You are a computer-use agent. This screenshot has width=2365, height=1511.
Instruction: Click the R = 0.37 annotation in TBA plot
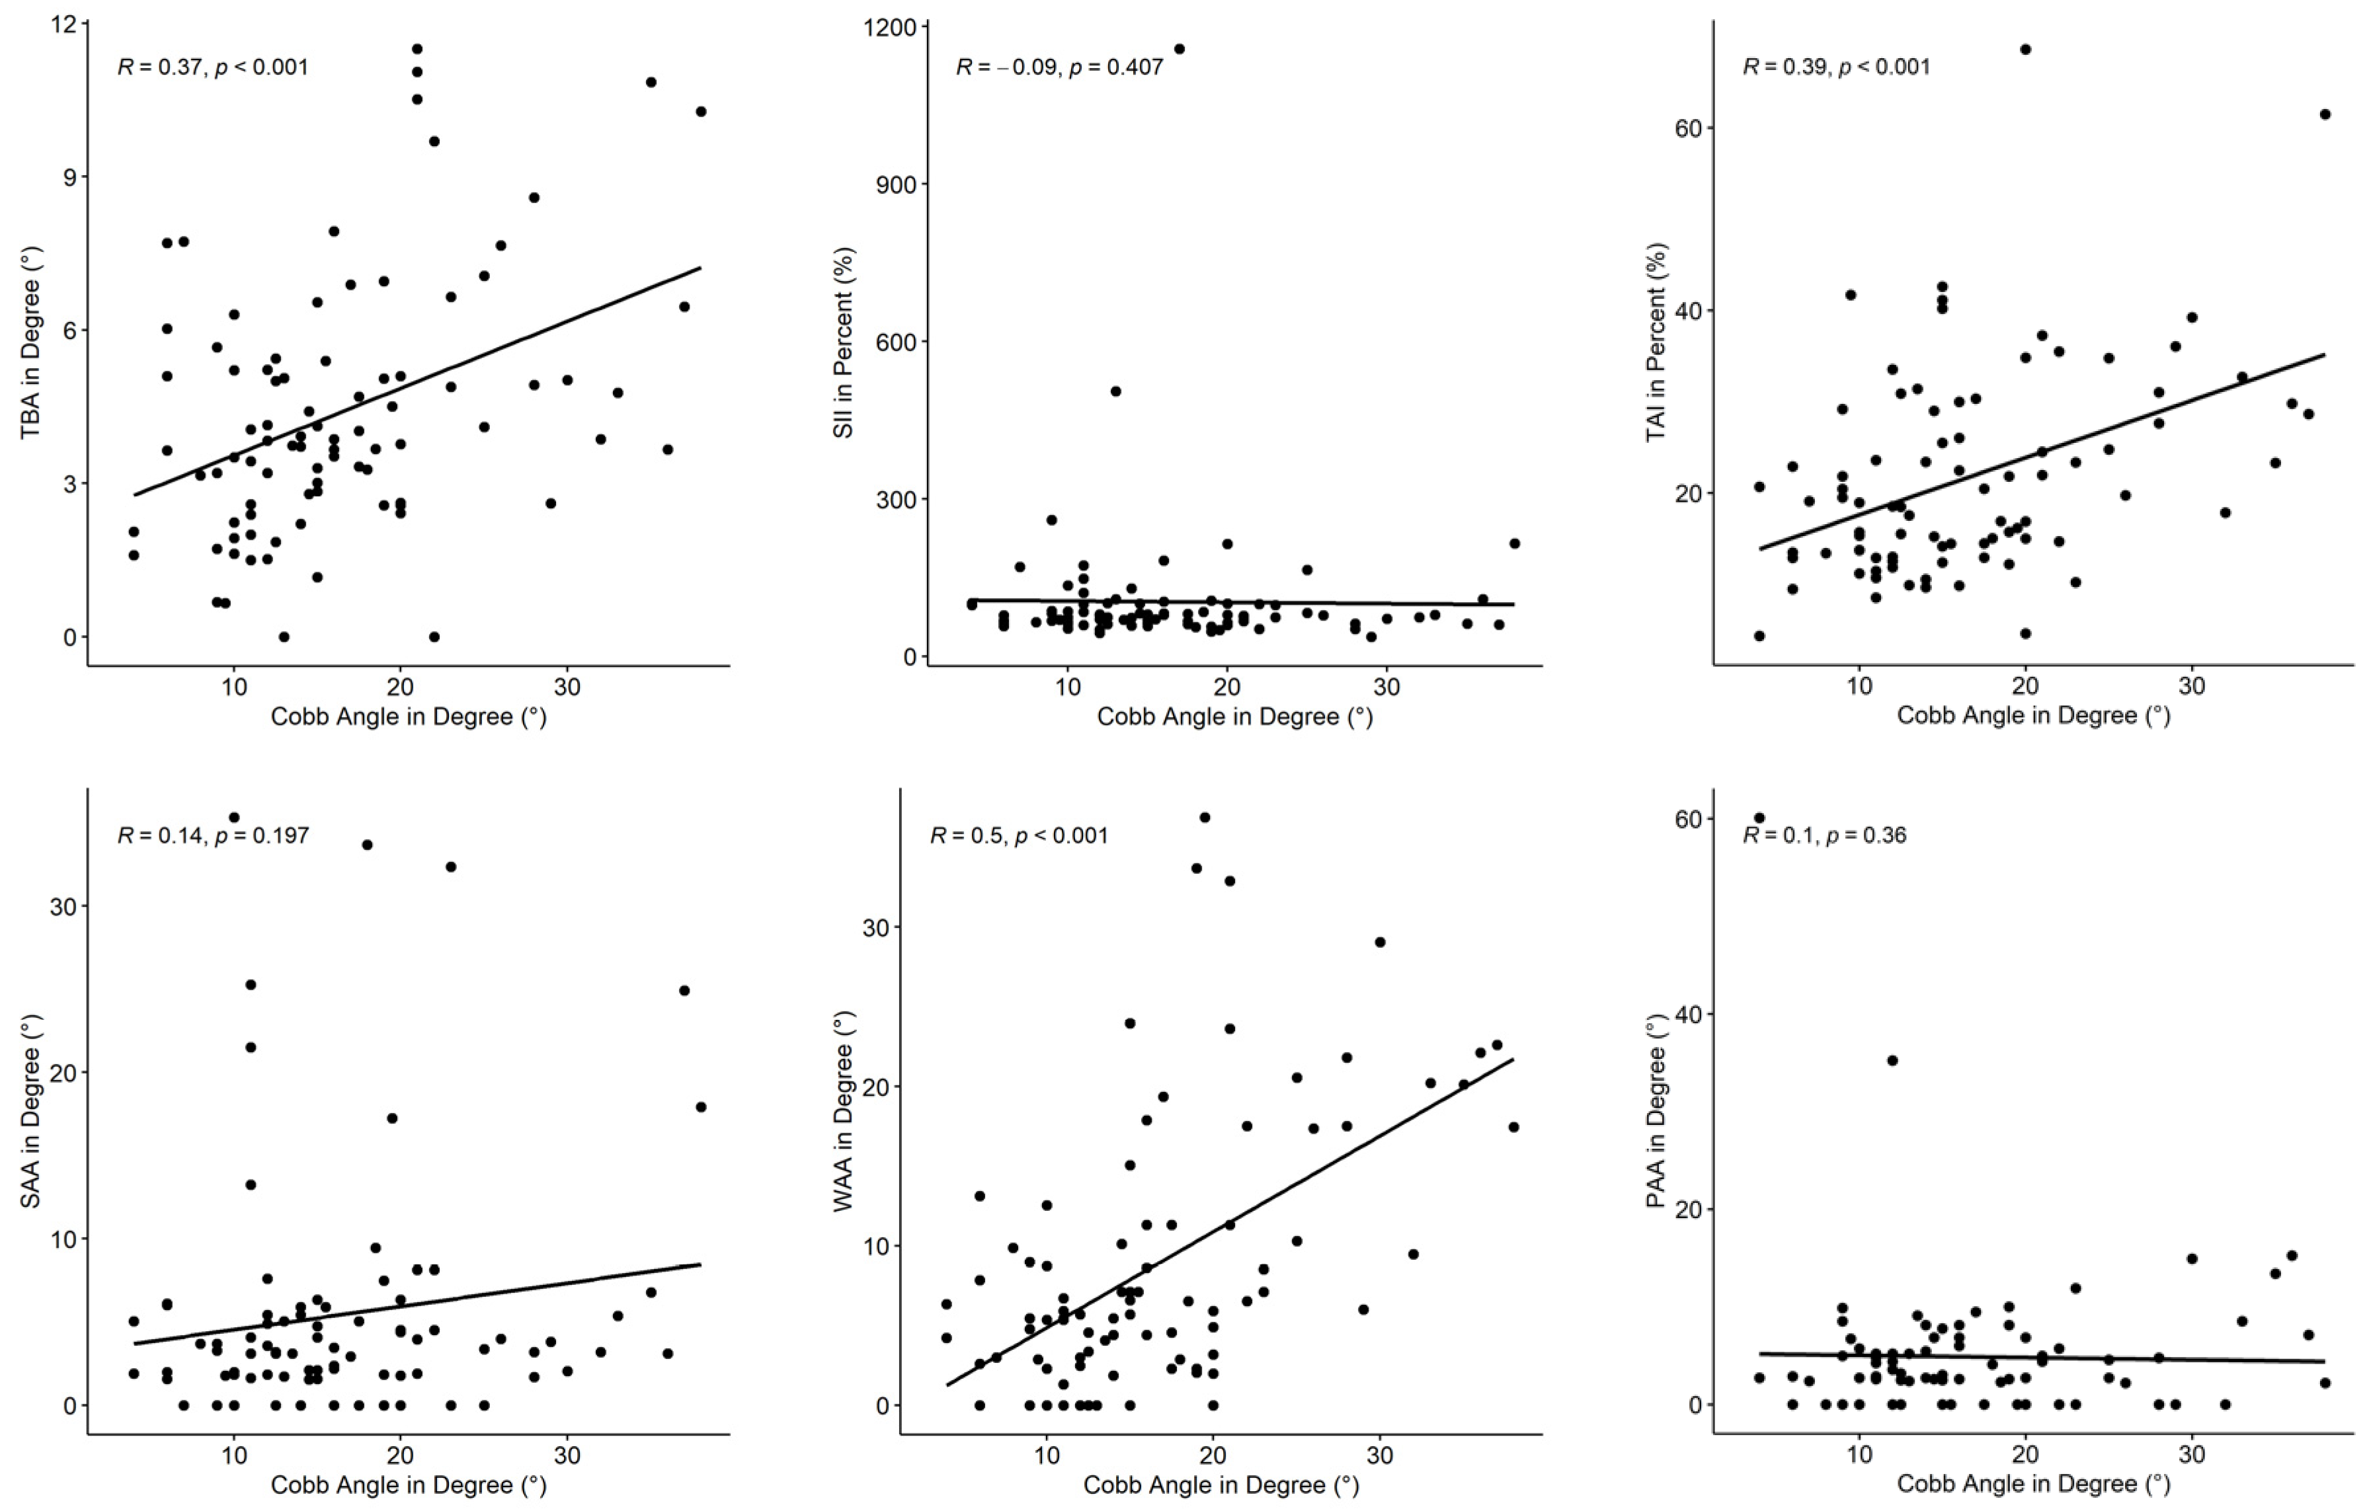[212, 67]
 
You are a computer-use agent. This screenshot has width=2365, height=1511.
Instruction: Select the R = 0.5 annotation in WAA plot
[1018, 835]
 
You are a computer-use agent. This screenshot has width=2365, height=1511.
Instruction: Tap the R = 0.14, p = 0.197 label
[212, 835]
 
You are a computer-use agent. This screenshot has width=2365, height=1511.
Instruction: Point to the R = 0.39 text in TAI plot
[1835, 67]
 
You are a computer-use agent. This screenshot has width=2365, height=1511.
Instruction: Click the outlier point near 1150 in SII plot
[1180, 49]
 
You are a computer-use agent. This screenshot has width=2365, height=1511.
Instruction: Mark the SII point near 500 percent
[1115, 391]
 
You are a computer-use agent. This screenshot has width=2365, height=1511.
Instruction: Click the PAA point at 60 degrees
[1759, 818]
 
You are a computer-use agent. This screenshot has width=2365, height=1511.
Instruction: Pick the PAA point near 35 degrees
[1892, 1060]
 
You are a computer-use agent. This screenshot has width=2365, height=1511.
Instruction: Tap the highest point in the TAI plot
[2025, 49]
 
